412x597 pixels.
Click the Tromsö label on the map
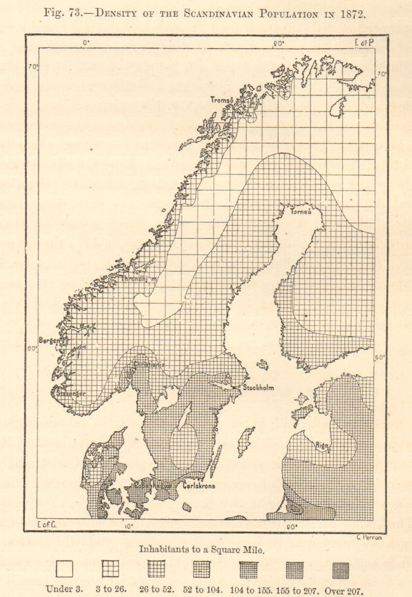point(221,100)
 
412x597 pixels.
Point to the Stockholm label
point(258,387)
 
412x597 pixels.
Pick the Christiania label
point(149,364)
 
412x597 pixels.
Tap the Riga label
point(322,445)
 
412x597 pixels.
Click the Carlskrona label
point(198,486)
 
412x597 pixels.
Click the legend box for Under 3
point(64,569)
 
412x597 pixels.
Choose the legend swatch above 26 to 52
point(156,569)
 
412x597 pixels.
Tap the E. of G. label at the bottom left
point(46,525)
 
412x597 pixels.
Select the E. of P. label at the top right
point(364,42)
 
